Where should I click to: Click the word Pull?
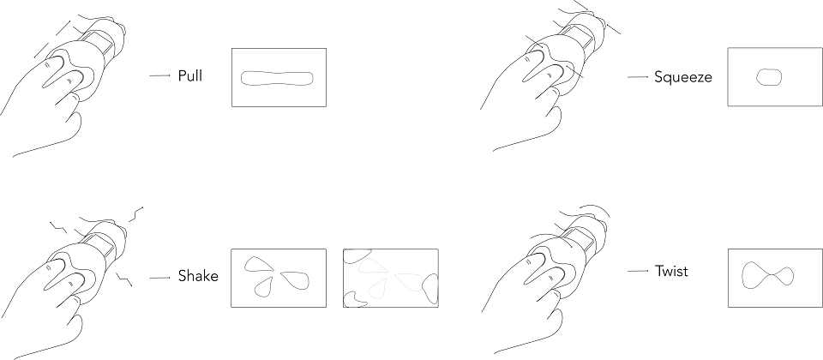pyautogui.click(x=190, y=75)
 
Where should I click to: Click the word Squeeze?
pyautogui.click(x=683, y=78)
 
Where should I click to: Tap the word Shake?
pyautogui.click(x=198, y=276)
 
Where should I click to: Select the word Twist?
pyautogui.click(x=671, y=272)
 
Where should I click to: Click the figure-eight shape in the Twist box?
pyautogui.click(x=766, y=274)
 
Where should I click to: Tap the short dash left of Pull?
pyautogui.click(x=159, y=75)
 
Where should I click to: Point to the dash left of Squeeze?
pyautogui.click(x=638, y=77)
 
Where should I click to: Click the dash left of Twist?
pyautogui.click(x=638, y=271)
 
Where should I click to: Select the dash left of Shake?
pyautogui.click(x=159, y=278)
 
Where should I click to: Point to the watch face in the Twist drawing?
pyautogui.click(x=580, y=239)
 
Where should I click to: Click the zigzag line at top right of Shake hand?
pyautogui.click(x=136, y=213)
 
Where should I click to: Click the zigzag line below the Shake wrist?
pyautogui.click(x=123, y=279)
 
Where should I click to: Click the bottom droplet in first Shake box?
pyautogui.click(x=264, y=286)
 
